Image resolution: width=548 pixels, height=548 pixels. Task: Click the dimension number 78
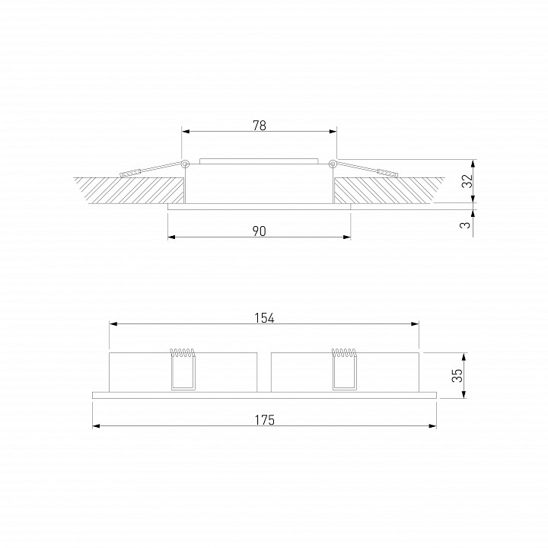click(x=259, y=126)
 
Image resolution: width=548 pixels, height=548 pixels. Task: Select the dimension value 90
click(x=259, y=231)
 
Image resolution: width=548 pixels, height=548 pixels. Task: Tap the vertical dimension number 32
click(x=468, y=181)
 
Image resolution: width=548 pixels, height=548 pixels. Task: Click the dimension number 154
click(x=263, y=318)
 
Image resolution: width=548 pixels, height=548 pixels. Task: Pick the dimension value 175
click(x=263, y=420)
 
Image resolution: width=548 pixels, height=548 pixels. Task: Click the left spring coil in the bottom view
click(x=182, y=352)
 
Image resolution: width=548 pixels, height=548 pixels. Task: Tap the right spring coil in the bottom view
click(x=345, y=352)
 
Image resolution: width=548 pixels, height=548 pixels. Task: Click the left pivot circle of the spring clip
click(x=185, y=163)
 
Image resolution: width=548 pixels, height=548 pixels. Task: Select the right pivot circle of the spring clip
click(x=333, y=163)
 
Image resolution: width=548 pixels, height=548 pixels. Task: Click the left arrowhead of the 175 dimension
click(x=96, y=426)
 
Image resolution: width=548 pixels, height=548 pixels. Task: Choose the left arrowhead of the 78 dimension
click(x=185, y=132)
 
